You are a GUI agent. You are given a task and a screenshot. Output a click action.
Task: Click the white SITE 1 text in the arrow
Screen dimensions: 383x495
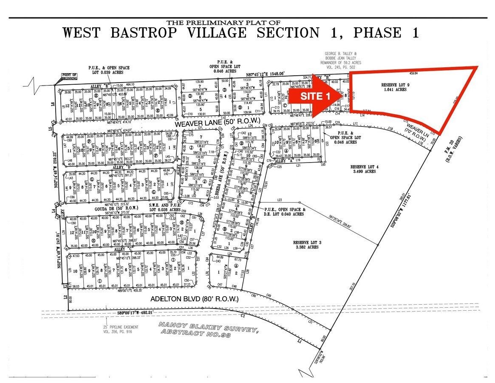point(315,97)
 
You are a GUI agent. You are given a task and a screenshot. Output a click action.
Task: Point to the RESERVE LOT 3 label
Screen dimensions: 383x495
point(306,245)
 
